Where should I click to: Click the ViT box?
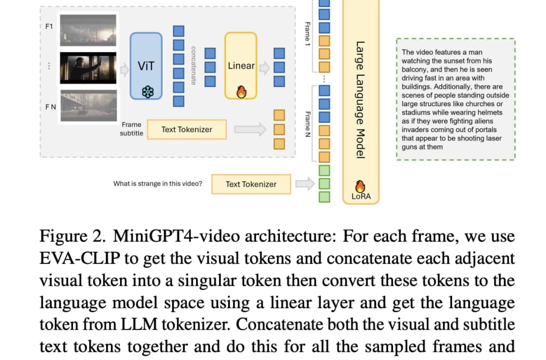coord(146,66)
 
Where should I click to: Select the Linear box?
coord(241,66)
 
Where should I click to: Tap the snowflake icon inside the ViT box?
coord(148,92)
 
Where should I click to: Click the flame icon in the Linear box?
coord(242,92)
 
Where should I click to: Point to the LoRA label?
coord(361,196)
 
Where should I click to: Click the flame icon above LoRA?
coord(360,186)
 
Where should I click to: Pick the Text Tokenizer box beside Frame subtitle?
coord(187,130)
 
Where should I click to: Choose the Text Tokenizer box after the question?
coord(251,184)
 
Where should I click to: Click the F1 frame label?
coord(49,27)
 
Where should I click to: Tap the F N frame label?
coord(51,107)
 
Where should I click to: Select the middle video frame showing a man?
coord(88,68)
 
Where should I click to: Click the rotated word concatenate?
coord(194,66)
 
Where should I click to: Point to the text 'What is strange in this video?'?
coord(157,183)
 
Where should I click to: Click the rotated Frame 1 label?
coord(308,34)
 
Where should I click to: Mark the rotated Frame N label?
coord(308,124)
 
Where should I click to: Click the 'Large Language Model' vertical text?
coord(360,100)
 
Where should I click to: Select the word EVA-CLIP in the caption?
coord(80,258)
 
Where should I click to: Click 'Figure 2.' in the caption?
coord(73,236)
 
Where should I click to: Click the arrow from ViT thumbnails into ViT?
coord(124,70)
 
